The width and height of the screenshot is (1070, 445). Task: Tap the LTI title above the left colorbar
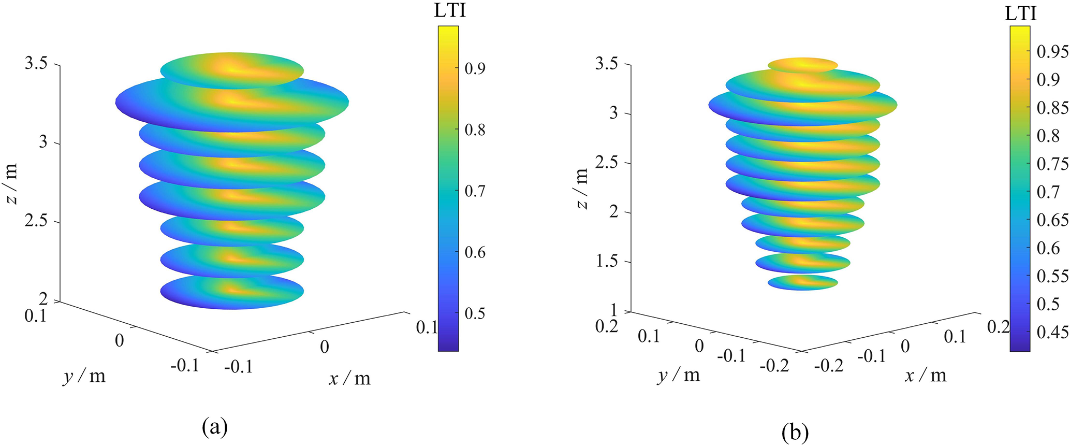point(450,11)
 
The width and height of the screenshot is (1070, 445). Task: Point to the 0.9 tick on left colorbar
point(474,68)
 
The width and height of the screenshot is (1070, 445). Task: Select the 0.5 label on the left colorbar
point(474,314)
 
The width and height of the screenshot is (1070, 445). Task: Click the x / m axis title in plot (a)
point(350,379)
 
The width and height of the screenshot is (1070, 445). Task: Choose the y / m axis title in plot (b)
point(679,375)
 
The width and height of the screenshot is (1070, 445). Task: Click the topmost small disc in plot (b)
point(802,65)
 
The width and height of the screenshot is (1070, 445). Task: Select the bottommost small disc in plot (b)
point(802,282)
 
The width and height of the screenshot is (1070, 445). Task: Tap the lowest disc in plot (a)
point(231,293)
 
